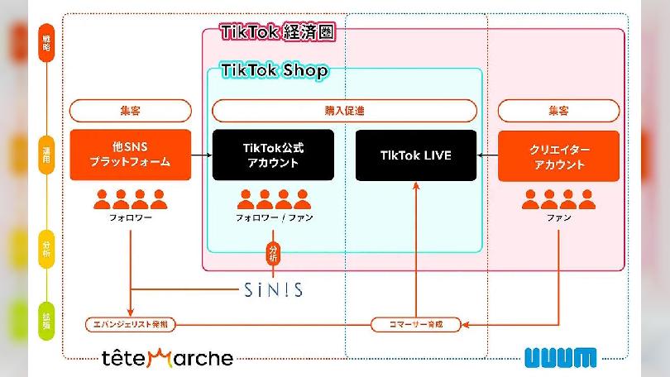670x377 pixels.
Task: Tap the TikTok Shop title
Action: [x=274, y=70]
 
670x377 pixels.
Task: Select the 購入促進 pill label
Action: [x=344, y=111]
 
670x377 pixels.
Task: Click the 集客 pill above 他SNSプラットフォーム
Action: [x=131, y=111]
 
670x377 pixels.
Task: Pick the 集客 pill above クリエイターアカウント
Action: [x=558, y=111]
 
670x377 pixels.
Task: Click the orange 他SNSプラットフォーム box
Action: [x=131, y=155]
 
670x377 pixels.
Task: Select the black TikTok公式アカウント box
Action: [x=273, y=155]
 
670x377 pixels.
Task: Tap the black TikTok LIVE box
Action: [x=416, y=155]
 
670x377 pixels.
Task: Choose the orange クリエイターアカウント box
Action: [x=558, y=155]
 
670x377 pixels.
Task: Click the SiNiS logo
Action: [x=274, y=289]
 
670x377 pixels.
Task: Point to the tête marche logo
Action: [x=167, y=358]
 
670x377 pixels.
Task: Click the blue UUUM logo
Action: [x=560, y=358]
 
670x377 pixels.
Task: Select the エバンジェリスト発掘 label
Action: [x=131, y=324]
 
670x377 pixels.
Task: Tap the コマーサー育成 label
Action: [x=416, y=324]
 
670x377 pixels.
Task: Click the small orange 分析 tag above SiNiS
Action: [x=274, y=251]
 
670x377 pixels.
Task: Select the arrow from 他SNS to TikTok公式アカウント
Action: [x=202, y=155]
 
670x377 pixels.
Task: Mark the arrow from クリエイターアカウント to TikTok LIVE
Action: [x=487, y=155]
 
